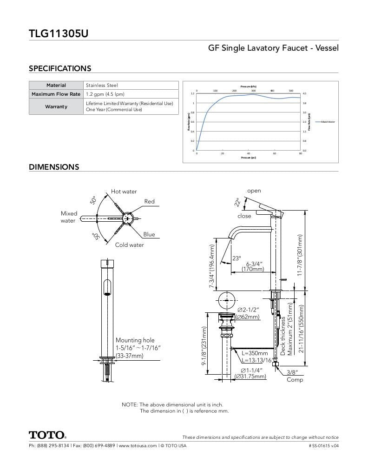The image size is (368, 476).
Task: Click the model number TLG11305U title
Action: [x=59, y=33]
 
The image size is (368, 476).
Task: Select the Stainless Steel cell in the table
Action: [x=102, y=86]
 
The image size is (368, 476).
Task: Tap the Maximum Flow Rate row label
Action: [x=56, y=94]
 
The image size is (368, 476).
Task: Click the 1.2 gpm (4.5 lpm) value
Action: [x=105, y=94]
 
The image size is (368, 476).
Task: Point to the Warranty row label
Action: [x=56, y=107]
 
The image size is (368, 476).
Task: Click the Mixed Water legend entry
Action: [x=327, y=122]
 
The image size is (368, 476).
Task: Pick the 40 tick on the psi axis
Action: [x=249, y=153]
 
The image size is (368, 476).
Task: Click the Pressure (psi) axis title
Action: [x=249, y=158]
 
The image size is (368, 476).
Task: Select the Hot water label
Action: [x=124, y=192]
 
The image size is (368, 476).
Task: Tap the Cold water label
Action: [x=129, y=245]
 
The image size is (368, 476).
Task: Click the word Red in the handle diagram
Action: [x=149, y=202]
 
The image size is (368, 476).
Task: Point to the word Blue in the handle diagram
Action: [x=149, y=235]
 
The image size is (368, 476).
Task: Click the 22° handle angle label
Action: [x=237, y=202]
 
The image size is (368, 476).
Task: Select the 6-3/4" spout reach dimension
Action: [x=255, y=264]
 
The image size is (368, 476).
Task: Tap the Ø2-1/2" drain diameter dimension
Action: [x=248, y=310]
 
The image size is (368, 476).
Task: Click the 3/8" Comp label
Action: [x=294, y=376]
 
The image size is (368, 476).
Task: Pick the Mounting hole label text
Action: [x=135, y=340]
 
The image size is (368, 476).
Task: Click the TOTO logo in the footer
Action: [x=47, y=435]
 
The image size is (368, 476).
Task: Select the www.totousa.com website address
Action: [x=137, y=446]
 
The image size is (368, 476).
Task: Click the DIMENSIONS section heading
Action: [x=54, y=167]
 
